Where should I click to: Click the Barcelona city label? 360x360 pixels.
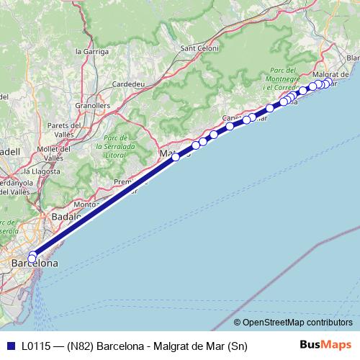click(x=35, y=265)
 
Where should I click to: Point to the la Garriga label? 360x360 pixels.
click(x=92, y=52)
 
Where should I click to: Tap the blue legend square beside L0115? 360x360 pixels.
click(x=9, y=346)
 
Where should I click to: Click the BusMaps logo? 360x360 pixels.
click(x=325, y=346)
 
